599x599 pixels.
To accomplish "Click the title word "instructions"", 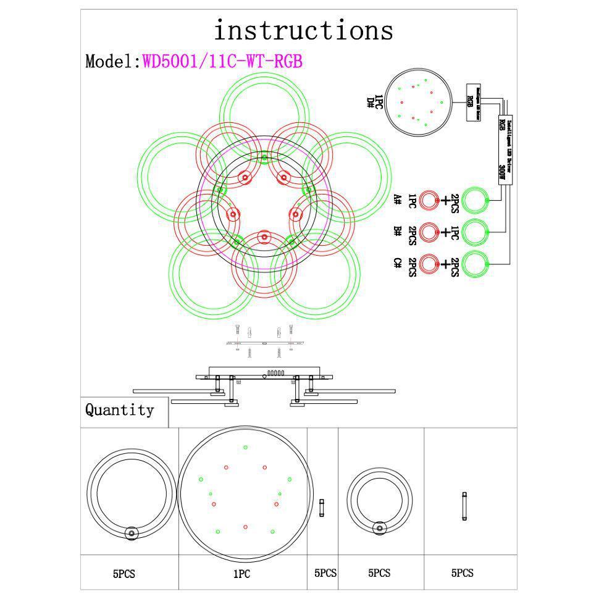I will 303,30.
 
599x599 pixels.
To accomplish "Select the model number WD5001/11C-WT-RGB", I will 222,62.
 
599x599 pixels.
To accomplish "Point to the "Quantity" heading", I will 120,410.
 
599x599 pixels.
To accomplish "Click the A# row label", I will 398,199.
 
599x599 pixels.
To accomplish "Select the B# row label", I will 398,232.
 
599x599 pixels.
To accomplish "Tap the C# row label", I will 398,263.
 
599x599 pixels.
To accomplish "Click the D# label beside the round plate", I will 371,102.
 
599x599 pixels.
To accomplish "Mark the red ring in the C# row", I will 430,264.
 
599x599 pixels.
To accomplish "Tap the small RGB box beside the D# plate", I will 472,102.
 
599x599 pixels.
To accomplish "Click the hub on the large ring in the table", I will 131,533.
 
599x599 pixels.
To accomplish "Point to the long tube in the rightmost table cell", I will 464,506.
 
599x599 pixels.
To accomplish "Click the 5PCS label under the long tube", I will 462,574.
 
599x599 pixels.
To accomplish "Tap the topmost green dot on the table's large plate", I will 245,447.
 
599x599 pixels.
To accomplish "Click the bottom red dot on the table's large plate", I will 245,527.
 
